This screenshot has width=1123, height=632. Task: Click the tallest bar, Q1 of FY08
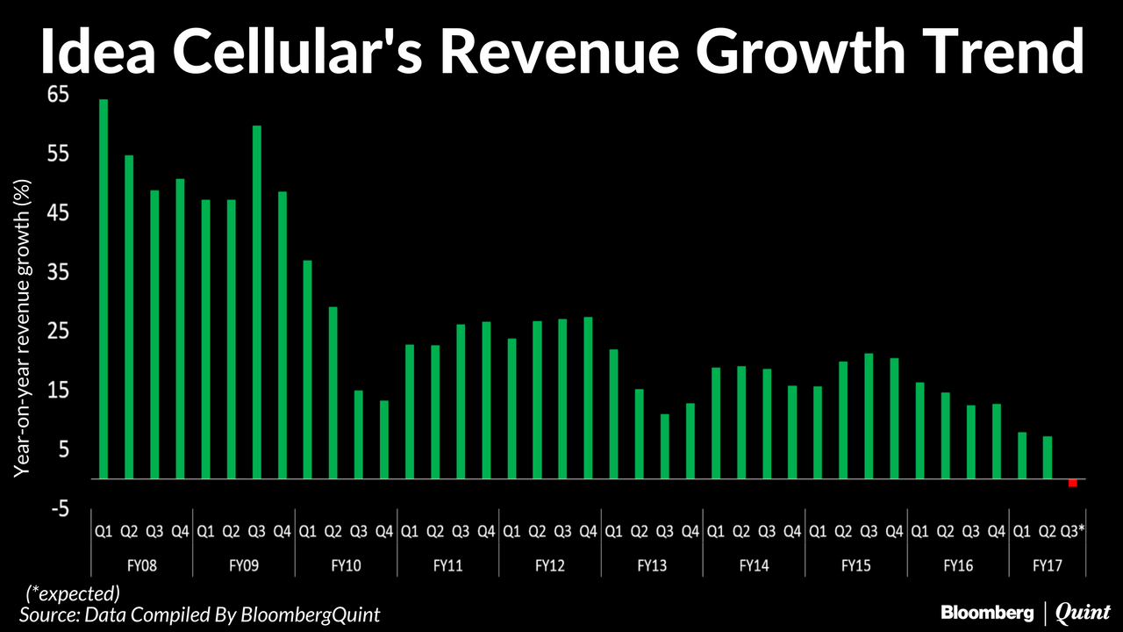[x=104, y=290]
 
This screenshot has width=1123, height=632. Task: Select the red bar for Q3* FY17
[x=1072, y=484]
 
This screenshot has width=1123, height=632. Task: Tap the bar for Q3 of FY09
[x=257, y=303]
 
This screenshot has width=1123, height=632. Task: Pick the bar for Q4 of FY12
[x=588, y=399]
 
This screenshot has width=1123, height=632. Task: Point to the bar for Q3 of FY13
[x=665, y=447]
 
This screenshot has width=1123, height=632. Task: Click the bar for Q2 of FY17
[x=1047, y=457]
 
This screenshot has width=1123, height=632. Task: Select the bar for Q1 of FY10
[x=308, y=370]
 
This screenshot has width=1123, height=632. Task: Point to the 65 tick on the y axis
[x=57, y=95]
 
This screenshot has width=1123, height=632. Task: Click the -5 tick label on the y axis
[x=57, y=509]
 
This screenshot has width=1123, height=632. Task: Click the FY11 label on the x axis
[x=447, y=565]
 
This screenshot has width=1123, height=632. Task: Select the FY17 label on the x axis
[x=1047, y=565]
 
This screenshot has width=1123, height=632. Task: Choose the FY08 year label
[x=142, y=565]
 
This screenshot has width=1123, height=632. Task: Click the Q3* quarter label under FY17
[x=1073, y=531]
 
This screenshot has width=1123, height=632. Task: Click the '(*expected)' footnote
[x=74, y=592]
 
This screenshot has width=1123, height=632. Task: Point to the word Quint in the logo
[x=1083, y=611]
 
